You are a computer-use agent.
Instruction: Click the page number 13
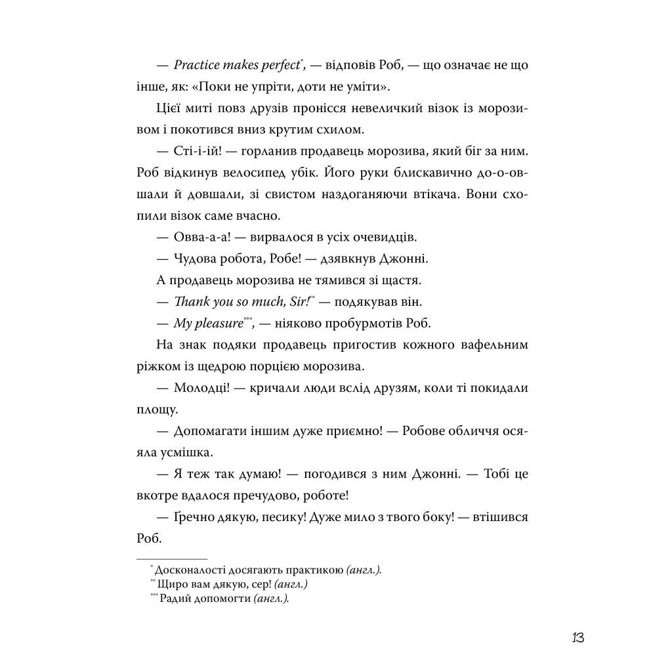(x=577, y=637)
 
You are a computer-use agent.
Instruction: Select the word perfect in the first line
(x=277, y=66)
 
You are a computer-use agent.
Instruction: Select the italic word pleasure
(x=216, y=323)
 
